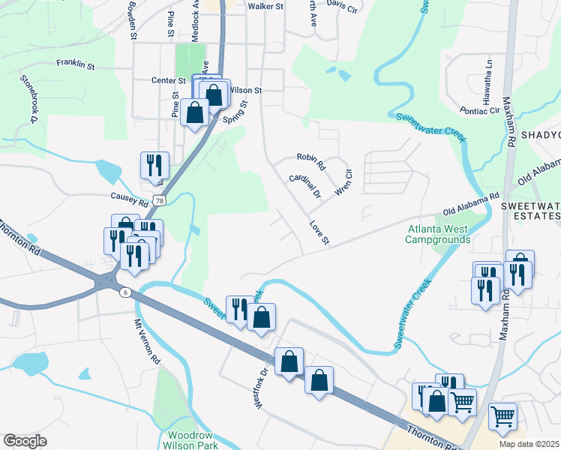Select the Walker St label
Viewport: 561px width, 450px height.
[265, 6]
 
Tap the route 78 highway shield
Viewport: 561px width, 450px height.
[157, 200]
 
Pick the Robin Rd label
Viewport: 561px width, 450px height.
[310, 159]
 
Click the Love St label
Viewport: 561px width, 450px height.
[319, 232]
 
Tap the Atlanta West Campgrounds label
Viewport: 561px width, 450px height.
[439, 234]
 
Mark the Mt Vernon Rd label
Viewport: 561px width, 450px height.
[148, 342]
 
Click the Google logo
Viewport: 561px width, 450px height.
[25, 441]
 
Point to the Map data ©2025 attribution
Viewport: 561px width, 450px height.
[528, 444]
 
